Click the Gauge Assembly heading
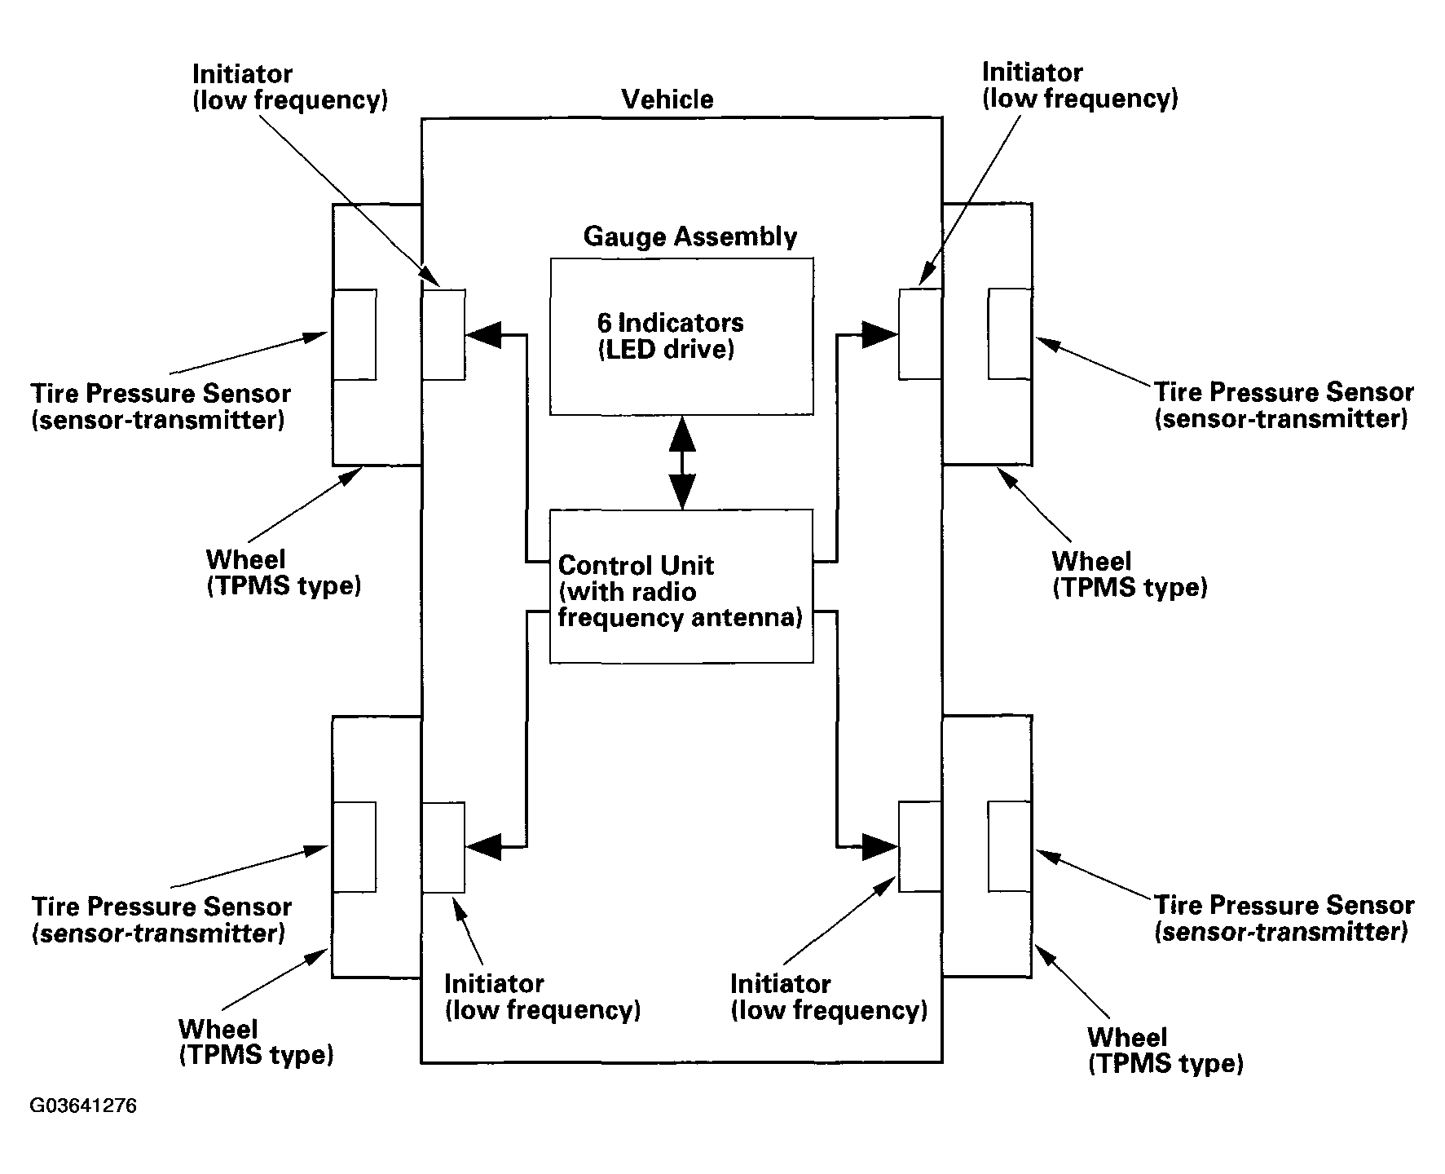(x=690, y=237)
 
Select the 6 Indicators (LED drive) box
(x=681, y=337)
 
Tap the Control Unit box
(x=681, y=586)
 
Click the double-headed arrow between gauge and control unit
(x=682, y=462)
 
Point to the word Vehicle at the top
(x=667, y=99)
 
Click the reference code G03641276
(x=83, y=1106)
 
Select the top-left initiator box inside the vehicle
(x=443, y=334)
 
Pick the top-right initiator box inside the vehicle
(x=920, y=333)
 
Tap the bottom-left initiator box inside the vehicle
(x=443, y=848)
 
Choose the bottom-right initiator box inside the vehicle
(x=920, y=846)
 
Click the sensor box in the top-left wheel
(x=355, y=334)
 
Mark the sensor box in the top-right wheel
(x=1010, y=333)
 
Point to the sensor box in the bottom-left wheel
(x=355, y=847)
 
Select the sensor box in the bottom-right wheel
(x=1010, y=846)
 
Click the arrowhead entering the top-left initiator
(x=482, y=334)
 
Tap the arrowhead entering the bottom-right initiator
(x=880, y=846)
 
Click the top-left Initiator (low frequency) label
(x=289, y=87)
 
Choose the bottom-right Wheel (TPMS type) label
(x=1165, y=1050)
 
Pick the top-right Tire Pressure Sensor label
(x=1283, y=405)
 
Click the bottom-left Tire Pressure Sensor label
(x=161, y=920)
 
